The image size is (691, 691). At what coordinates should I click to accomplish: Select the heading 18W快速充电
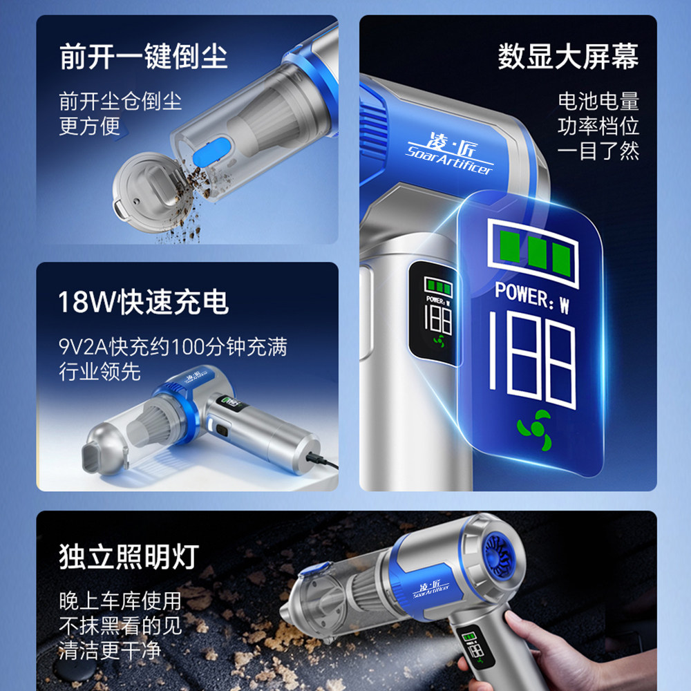click(144, 303)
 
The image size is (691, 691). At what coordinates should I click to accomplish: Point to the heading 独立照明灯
click(129, 557)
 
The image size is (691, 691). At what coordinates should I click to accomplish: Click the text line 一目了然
click(598, 151)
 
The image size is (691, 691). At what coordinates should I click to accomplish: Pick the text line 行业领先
click(100, 372)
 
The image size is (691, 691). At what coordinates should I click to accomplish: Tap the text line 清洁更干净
click(110, 650)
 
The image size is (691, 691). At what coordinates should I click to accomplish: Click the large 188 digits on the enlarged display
click(532, 361)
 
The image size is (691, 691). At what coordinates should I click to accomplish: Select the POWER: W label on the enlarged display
click(532, 297)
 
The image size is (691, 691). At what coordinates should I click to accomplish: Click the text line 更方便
click(90, 126)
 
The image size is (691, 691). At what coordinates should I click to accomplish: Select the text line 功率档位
click(598, 126)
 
